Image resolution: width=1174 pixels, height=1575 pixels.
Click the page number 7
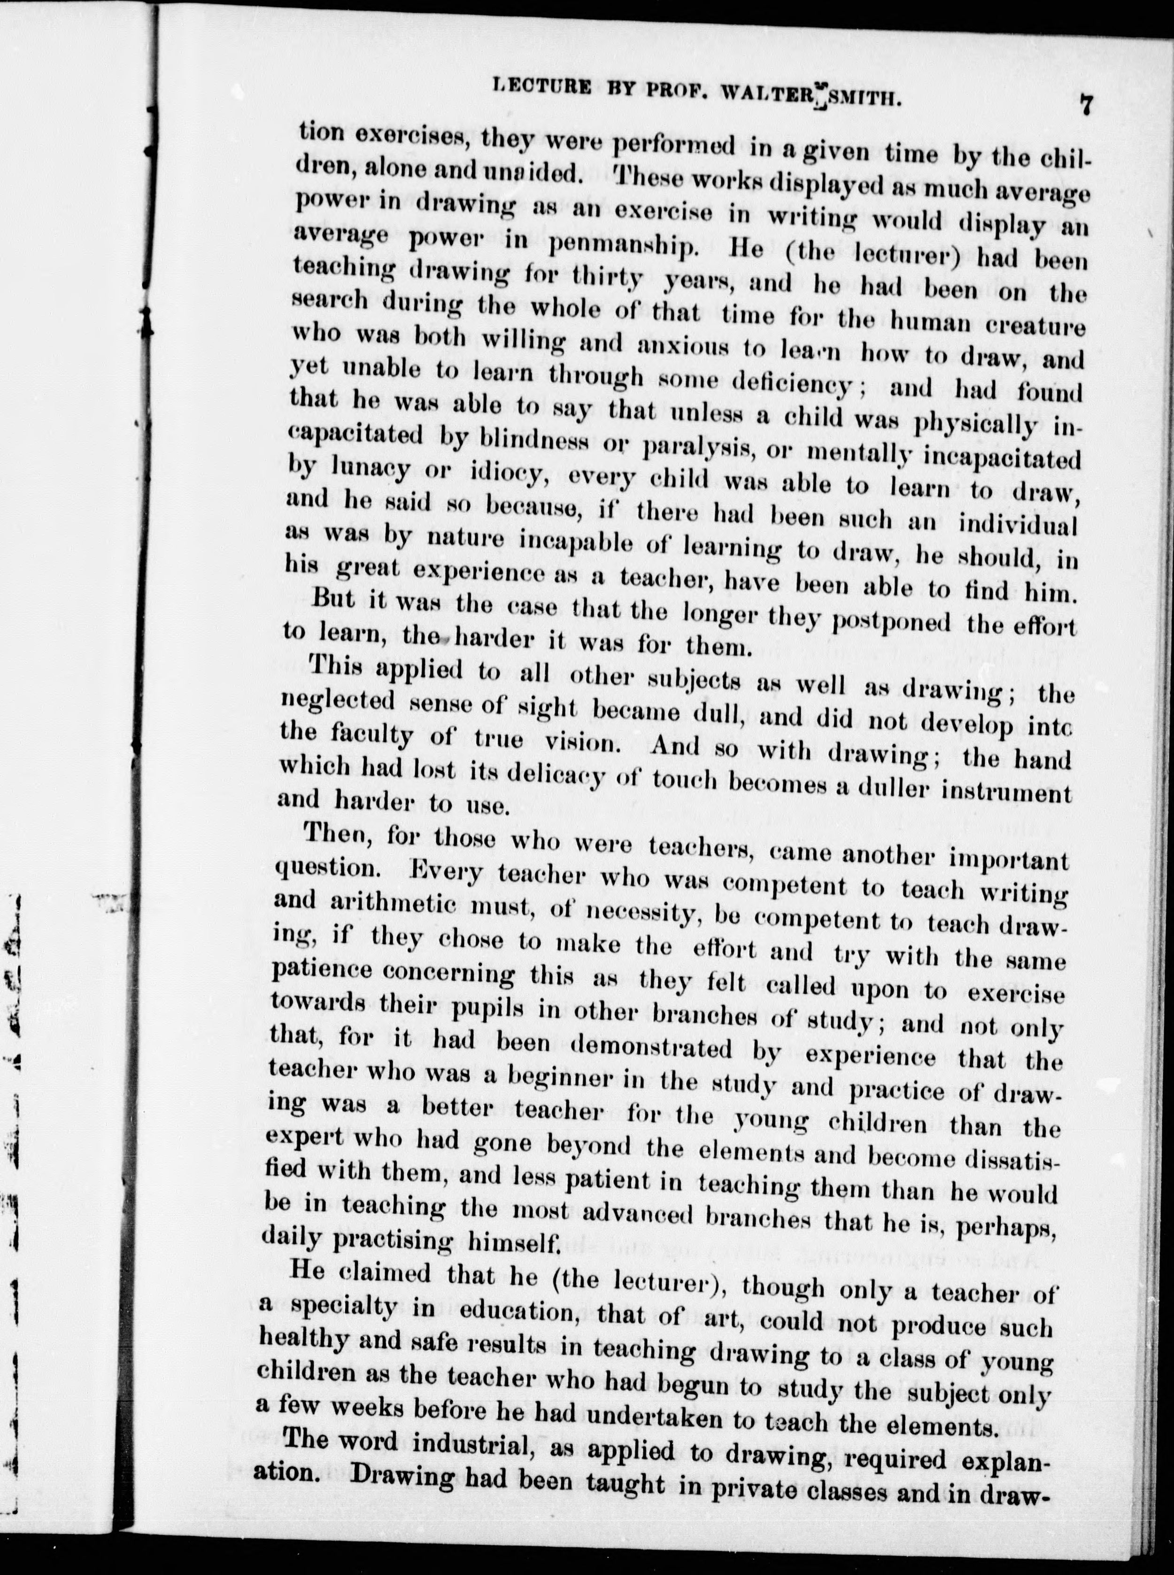pyautogui.click(x=1085, y=105)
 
